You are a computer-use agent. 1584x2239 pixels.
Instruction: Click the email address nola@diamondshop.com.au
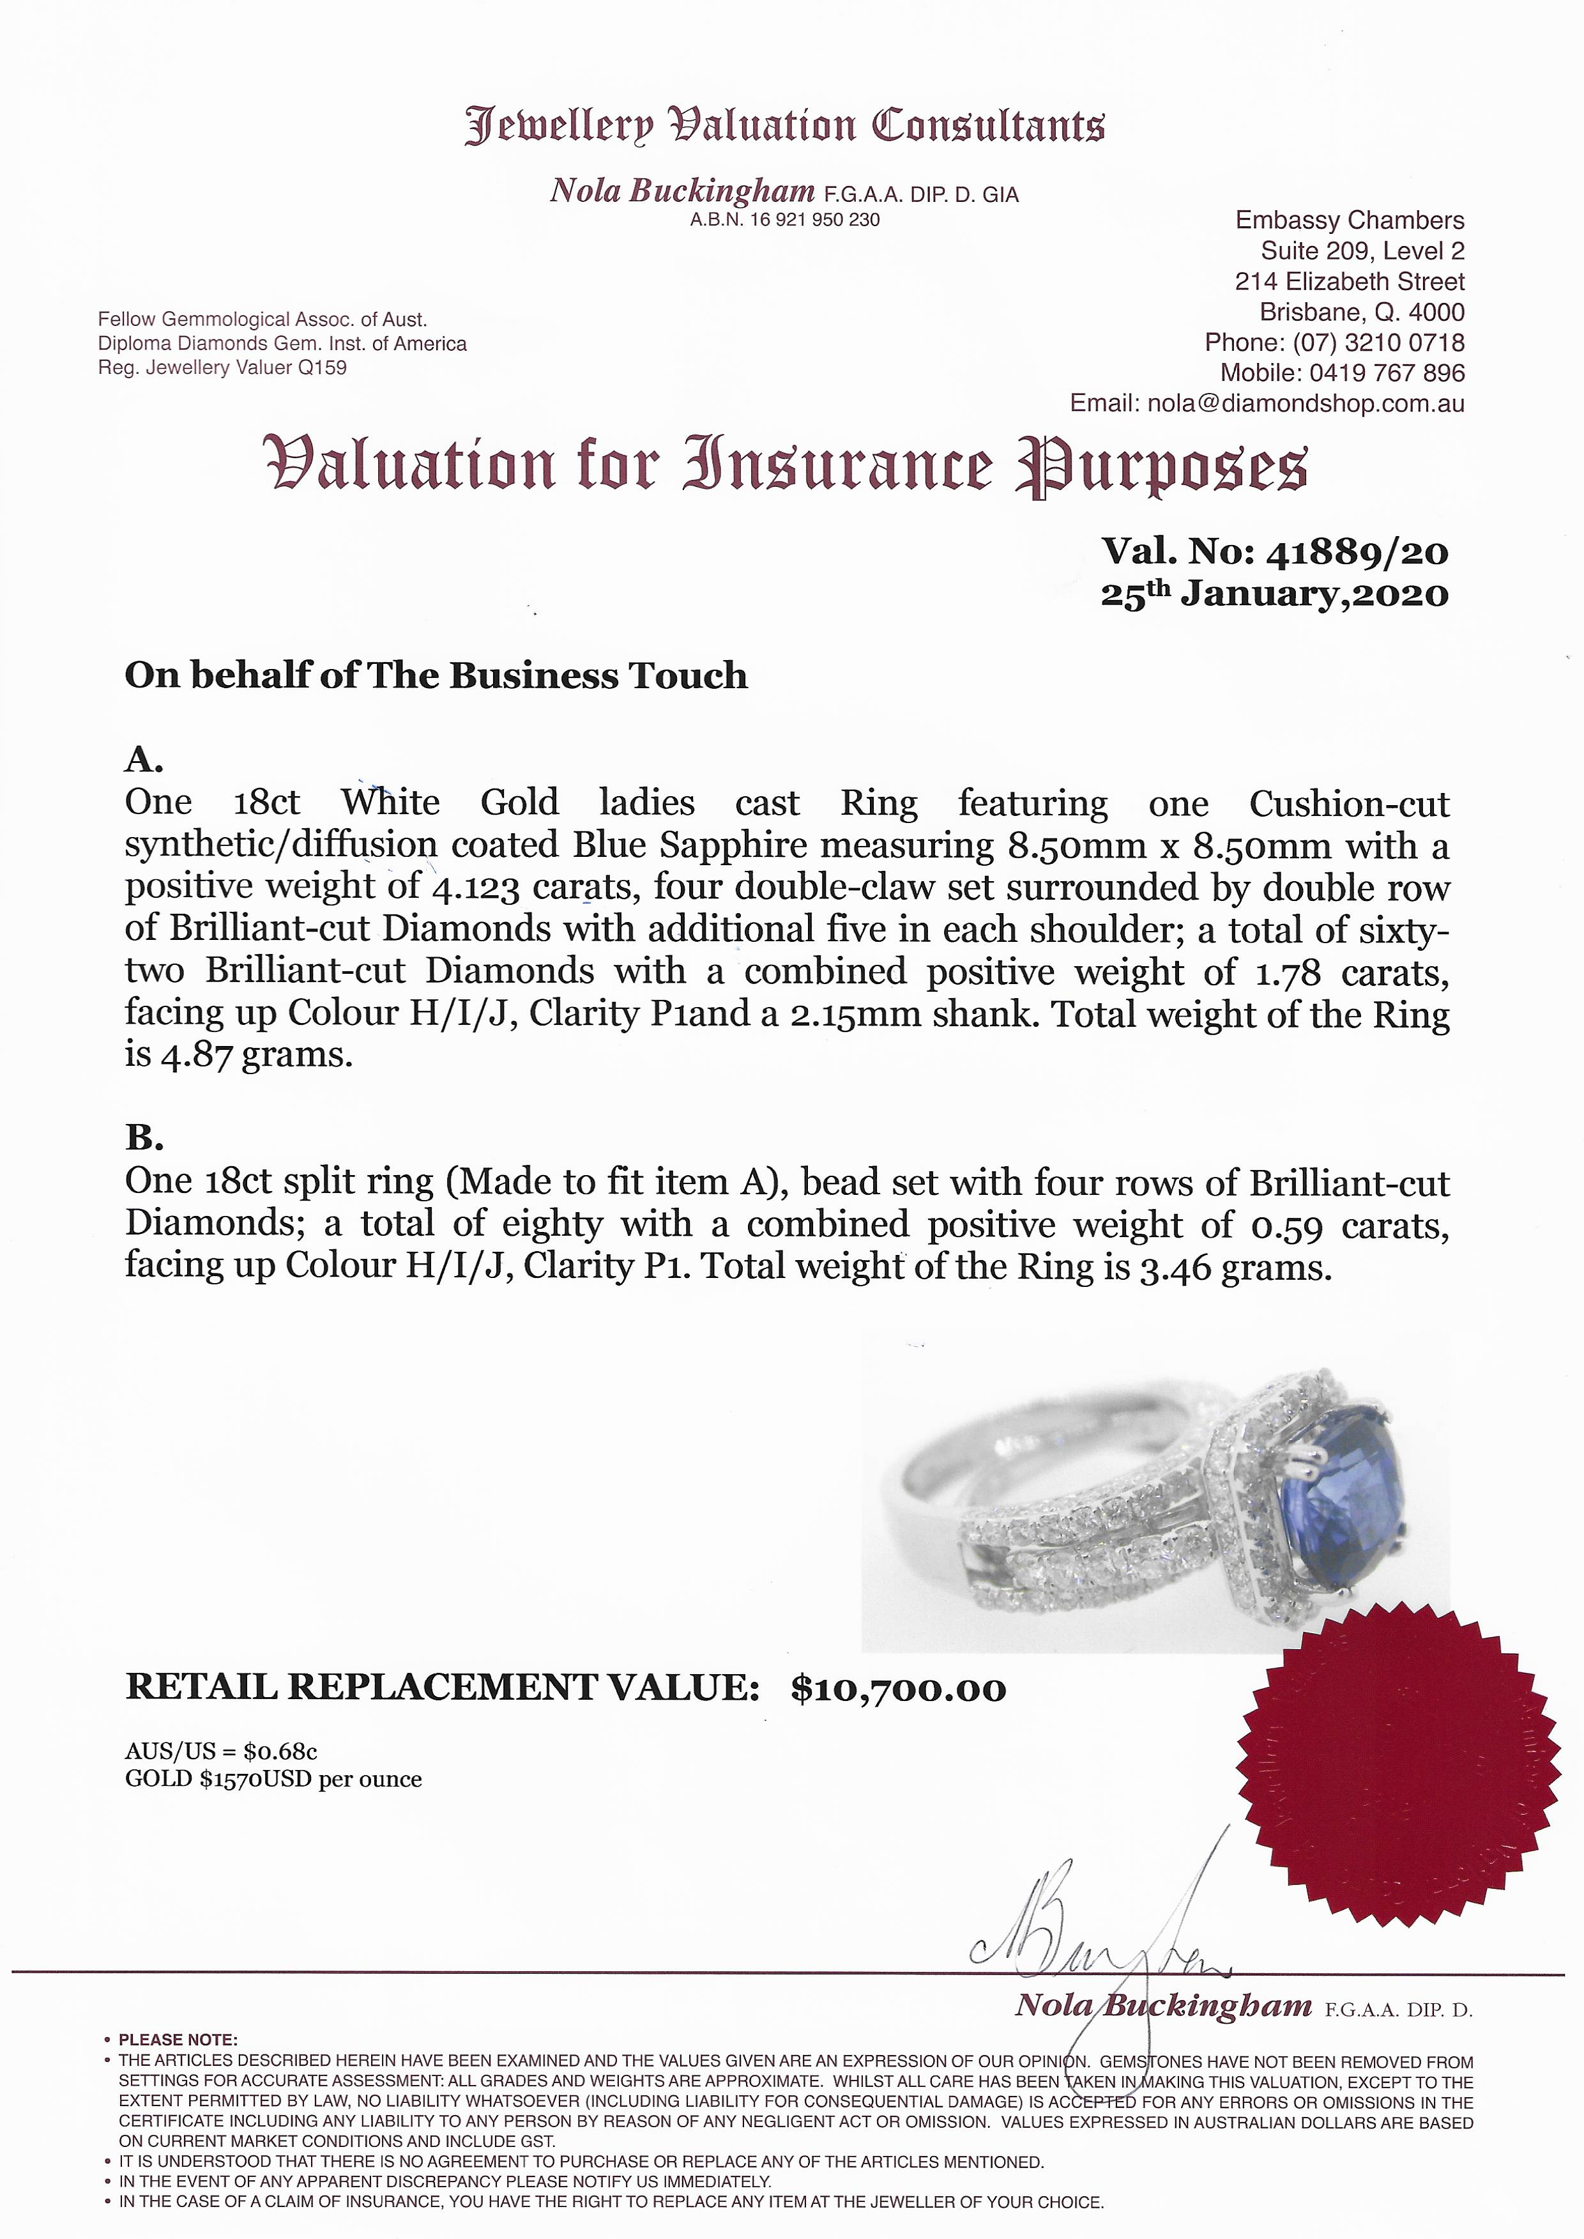[1305, 403]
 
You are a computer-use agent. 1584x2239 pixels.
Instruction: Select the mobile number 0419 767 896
[1387, 373]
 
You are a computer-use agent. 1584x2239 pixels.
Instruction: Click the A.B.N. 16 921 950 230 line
[784, 220]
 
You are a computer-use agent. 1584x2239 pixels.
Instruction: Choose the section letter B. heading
[143, 1137]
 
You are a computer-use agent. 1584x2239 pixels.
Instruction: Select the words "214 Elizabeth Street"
[1349, 282]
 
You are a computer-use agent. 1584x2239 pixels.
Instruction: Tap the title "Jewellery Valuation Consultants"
[785, 127]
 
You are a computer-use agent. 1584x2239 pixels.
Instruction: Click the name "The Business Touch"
[557, 675]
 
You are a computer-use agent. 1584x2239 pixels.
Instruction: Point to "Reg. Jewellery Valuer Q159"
[222, 368]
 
